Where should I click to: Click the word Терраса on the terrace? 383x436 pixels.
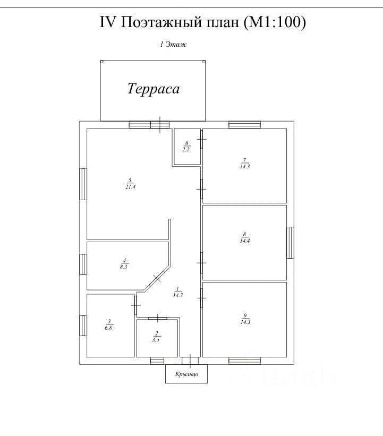click(x=153, y=89)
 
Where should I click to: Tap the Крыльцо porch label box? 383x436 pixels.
click(x=186, y=374)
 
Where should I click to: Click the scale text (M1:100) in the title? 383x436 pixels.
click(x=275, y=22)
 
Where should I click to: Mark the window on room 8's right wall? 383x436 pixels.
click(x=291, y=243)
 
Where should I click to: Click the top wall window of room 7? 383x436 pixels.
click(x=244, y=125)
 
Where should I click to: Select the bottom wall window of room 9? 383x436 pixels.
click(x=244, y=361)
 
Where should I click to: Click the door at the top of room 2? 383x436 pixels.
click(x=157, y=318)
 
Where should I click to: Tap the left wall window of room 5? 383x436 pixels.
click(x=83, y=184)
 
